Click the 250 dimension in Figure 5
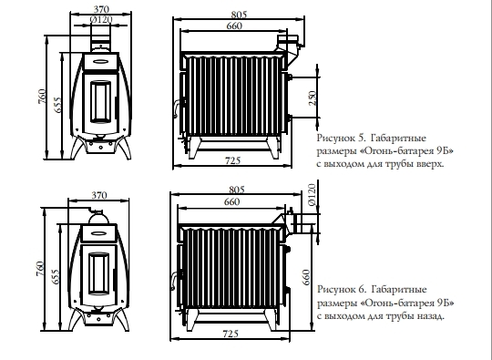tap(313, 98)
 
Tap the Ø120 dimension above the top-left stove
tap(101, 20)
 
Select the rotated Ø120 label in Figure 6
tap(312, 195)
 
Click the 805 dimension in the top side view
tap(239, 15)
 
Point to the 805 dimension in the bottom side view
tap(237, 190)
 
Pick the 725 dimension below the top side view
tap(232, 160)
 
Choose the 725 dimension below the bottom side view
tap(231, 334)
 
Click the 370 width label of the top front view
tap(101, 9)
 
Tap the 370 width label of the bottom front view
tap(99, 195)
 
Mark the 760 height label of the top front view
tap(42, 97)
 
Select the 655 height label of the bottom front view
tap(55, 277)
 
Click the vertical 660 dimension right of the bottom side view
tap(306, 277)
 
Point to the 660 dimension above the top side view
tap(234, 26)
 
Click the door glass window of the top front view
tap(101, 102)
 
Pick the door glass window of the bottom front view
tap(99, 273)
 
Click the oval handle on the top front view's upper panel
tap(101, 61)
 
